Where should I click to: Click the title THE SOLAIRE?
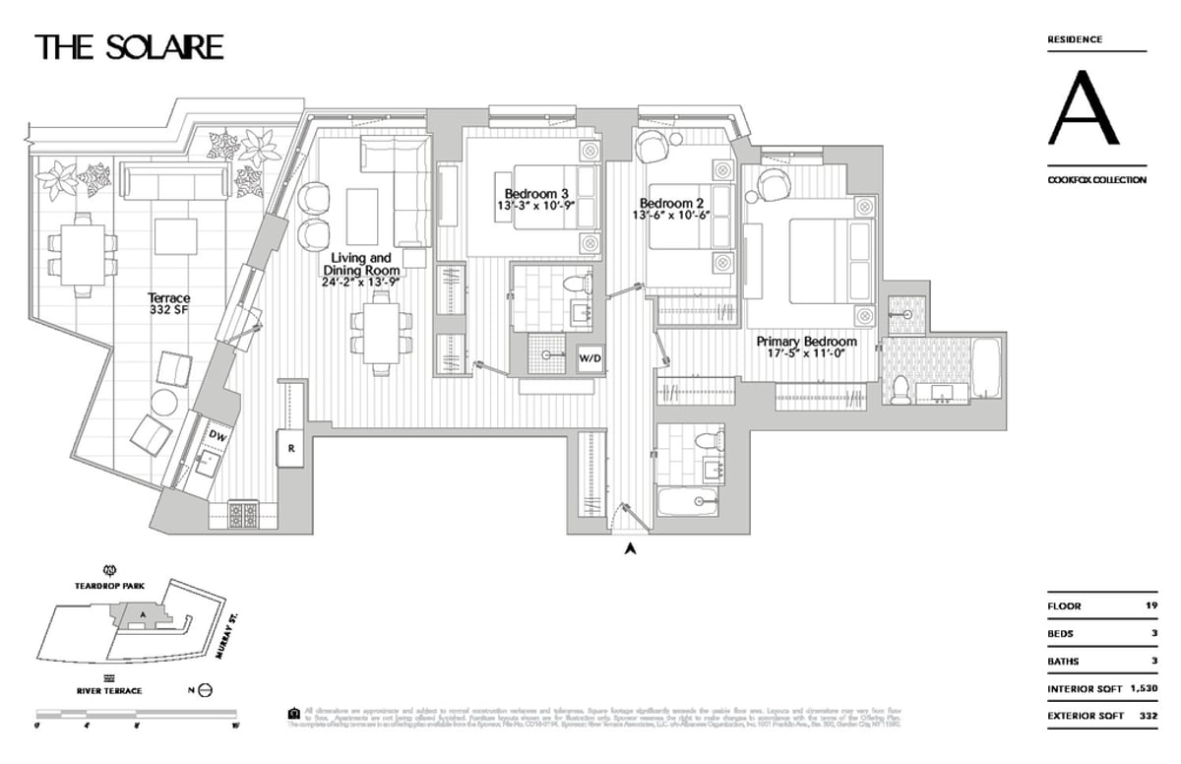pos(129,46)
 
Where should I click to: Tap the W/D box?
pos(590,358)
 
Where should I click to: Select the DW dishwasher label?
pos(218,434)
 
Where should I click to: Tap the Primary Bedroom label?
pos(806,342)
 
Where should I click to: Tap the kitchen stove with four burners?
pos(243,511)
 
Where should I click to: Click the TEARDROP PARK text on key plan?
pos(110,585)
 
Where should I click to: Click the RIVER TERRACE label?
pos(109,690)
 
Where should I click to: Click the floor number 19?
pos(1150,606)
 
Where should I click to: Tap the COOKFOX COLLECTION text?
pos(1096,180)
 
